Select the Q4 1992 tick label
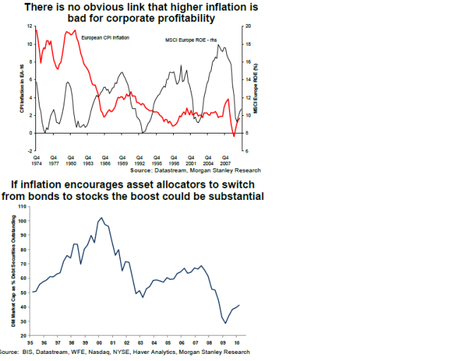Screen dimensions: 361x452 [140, 160]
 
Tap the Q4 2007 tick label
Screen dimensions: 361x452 [225, 160]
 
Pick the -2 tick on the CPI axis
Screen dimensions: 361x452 [30, 151]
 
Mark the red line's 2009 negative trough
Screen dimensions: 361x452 [234, 135]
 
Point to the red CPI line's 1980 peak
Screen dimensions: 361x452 [72, 30]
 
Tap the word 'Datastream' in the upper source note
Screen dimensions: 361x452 [172, 170]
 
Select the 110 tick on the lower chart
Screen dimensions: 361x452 [21, 206]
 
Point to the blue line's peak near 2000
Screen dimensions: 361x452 [101, 218]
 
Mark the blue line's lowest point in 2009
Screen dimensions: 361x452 [225, 323]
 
